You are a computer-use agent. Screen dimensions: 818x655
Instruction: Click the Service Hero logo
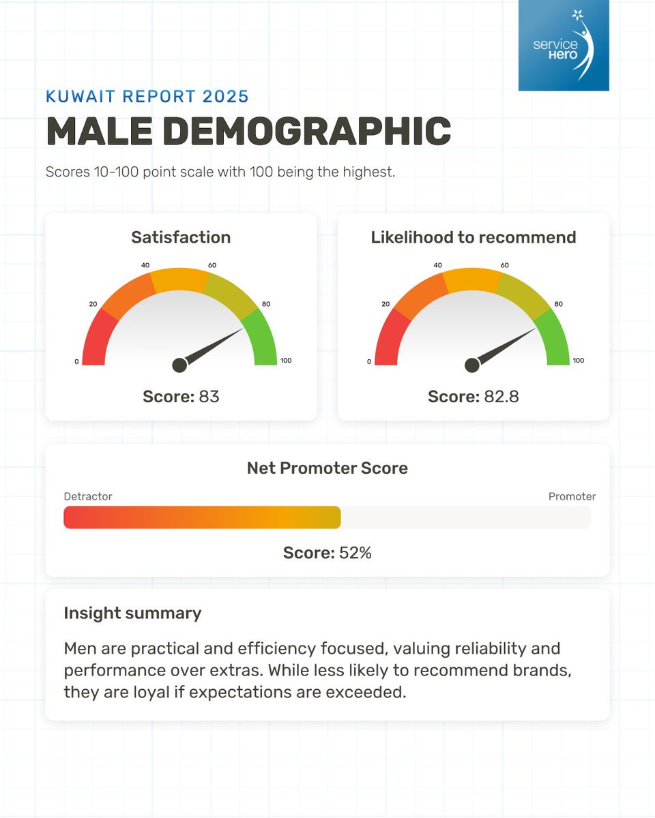click(x=563, y=45)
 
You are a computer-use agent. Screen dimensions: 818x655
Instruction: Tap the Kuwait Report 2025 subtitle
click(x=147, y=95)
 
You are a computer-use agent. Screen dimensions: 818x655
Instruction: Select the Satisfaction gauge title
click(x=181, y=237)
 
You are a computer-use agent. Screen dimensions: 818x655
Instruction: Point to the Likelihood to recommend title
click(x=474, y=237)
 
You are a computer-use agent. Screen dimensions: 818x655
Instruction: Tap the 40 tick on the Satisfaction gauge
click(x=145, y=265)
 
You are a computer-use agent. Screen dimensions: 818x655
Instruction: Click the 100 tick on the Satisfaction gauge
click(x=286, y=361)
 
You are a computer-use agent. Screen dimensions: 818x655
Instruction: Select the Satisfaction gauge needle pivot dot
click(x=179, y=365)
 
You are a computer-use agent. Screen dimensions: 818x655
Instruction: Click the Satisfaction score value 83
click(x=209, y=396)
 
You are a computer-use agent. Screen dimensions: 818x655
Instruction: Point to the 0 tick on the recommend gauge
click(x=369, y=361)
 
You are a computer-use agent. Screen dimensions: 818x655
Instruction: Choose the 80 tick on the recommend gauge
click(x=558, y=304)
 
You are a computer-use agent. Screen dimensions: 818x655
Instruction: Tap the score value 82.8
click(x=501, y=396)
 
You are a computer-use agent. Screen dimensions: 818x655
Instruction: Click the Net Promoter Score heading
click(x=327, y=468)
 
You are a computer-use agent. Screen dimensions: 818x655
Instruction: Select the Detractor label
click(x=88, y=496)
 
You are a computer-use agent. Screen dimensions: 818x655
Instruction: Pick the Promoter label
click(x=572, y=496)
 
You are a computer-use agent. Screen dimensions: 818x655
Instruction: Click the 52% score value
click(x=355, y=552)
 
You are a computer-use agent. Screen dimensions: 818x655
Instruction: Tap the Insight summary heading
click(x=132, y=613)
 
